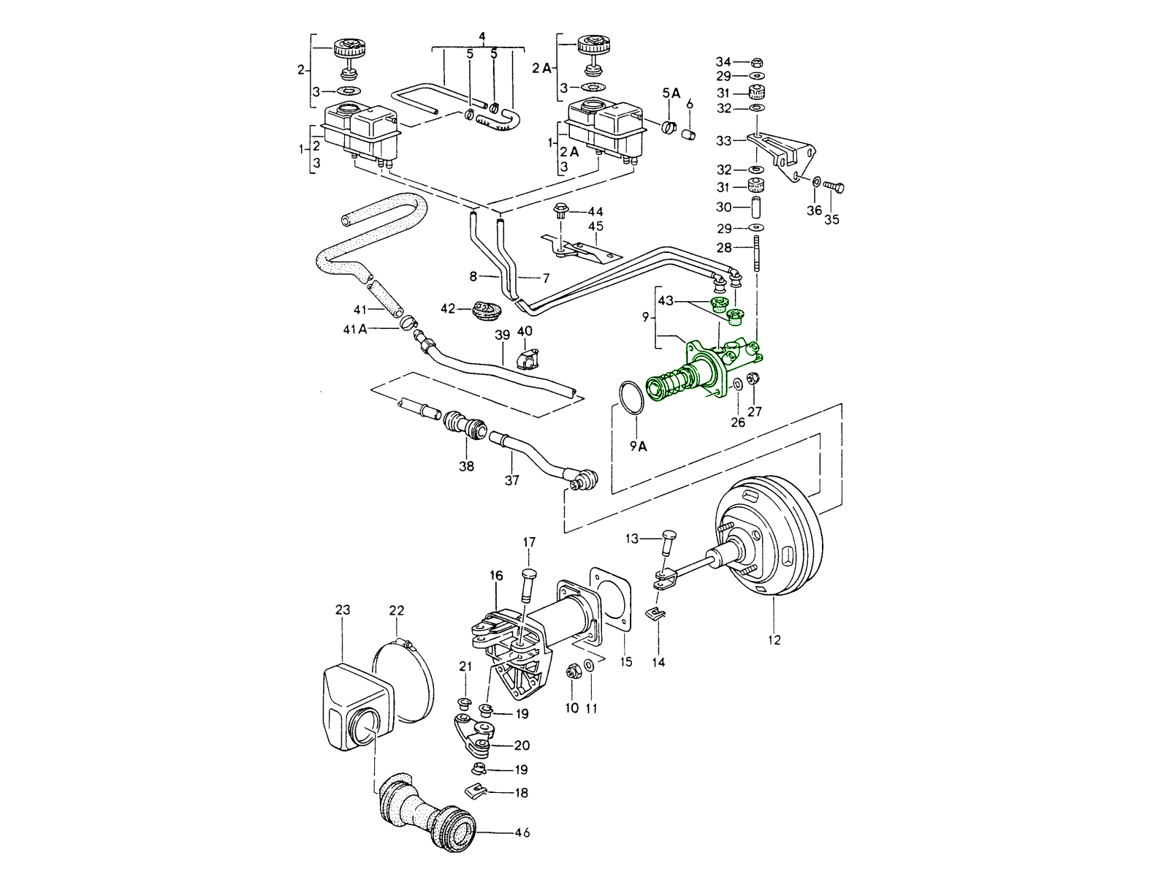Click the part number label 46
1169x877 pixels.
click(522, 832)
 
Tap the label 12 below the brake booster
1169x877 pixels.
click(774, 640)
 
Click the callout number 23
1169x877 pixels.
click(343, 609)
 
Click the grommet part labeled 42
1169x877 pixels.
click(487, 311)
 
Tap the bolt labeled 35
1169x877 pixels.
click(834, 188)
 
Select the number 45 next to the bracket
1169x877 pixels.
click(596, 227)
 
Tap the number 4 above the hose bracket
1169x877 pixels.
click(482, 36)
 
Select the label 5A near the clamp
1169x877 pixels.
click(671, 93)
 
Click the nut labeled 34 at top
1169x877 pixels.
click(758, 61)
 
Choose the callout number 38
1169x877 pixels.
click(466, 466)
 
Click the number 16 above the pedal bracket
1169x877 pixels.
click(496, 576)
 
